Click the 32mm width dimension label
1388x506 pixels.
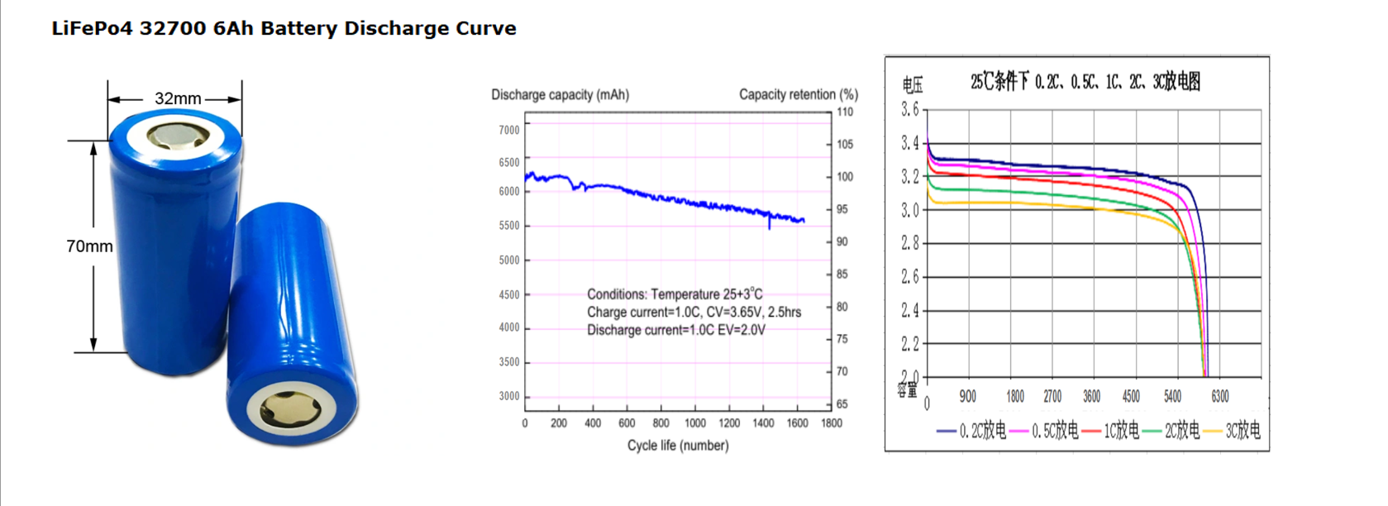tap(178, 98)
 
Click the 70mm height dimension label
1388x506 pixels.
tap(89, 246)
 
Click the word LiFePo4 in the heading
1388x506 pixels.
tap(92, 28)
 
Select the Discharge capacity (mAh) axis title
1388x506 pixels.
tap(560, 94)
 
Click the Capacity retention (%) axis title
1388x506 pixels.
tap(798, 94)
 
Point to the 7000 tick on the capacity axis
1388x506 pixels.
tap(509, 130)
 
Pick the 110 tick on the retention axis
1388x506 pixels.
tap(845, 112)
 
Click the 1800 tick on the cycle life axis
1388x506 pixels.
tap(831, 423)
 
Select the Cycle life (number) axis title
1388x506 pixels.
tap(678, 446)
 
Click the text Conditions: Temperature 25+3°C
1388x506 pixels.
tap(675, 294)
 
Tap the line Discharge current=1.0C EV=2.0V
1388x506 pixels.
tap(675, 330)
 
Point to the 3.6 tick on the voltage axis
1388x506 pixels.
tap(909, 109)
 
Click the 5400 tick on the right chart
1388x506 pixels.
tap(1172, 397)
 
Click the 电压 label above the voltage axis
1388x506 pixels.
tap(912, 84)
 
